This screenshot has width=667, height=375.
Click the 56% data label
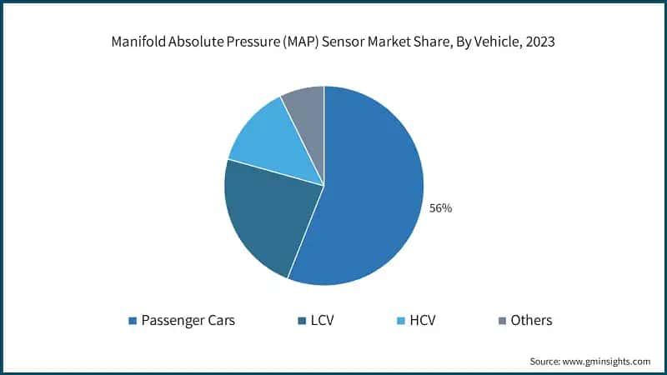pos(440,208)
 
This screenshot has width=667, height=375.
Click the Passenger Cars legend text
pos(188,320)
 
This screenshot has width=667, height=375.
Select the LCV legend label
pos(322,320)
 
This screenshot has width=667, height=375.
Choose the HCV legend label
pos(422,320)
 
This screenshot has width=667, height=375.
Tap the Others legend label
pos(531,320)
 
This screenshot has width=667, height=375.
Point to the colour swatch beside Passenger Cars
pos(132,321)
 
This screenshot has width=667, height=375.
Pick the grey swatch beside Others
pos(501,321)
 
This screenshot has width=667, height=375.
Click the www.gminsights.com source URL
pos(607,362)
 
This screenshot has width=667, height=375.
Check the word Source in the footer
pos(544,362)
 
